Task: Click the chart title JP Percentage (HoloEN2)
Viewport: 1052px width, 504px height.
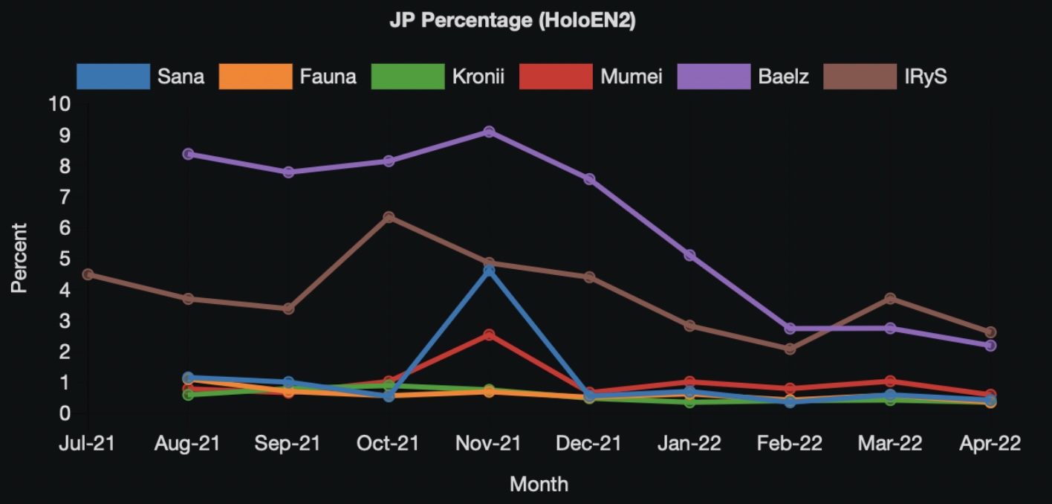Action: click(x=513, y=21)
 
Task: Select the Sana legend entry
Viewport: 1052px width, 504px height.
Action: click(x=181, y=76)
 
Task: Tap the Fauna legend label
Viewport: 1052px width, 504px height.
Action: click(x=328, y=76)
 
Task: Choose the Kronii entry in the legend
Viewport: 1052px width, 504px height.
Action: click(x=478, y=76)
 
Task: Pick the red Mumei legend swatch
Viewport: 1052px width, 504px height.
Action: click(x=556, y=76)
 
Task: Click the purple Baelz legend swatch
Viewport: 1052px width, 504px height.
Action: click(x=714, y=76)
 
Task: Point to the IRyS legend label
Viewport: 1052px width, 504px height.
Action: click(x=925, y=76)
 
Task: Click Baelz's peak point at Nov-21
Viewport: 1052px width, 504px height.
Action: click(x=489, y=132)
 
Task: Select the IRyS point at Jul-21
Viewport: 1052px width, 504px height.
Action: click(x=88, y=274)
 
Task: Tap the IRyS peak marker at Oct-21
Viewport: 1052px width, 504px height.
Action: click(x=389, y=217)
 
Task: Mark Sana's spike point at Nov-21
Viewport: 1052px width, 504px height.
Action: click(x=489, y=271)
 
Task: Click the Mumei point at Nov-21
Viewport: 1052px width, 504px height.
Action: click(x=489, y=335)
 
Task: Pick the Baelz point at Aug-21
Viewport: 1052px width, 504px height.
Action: click(x=188, y=154)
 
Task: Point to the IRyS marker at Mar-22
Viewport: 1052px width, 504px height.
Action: click(x=890, y=299)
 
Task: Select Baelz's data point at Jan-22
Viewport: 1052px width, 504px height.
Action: click(x=689, y=255)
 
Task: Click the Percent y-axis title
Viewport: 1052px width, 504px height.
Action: click(x=19, y=257)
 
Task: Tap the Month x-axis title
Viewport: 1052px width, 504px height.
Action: click(x=539, y=485)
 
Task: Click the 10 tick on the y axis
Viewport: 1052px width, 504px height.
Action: click(x=59, y=104)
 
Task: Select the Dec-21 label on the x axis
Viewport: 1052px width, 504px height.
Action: click(x=589, y=444)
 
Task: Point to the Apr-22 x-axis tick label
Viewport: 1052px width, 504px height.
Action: click(x=990, y=444)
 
